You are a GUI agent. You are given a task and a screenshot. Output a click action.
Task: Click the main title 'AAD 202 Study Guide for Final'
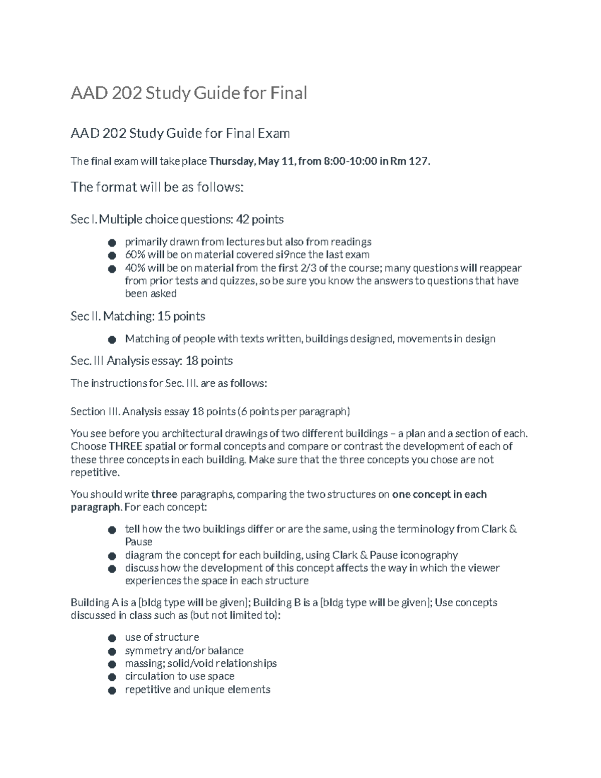point(189,93)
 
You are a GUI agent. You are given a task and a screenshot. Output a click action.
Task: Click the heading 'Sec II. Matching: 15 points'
point(138,317)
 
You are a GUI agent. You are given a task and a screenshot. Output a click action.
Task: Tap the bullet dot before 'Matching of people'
point(112,340)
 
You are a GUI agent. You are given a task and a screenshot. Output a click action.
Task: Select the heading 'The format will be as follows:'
point(157,187)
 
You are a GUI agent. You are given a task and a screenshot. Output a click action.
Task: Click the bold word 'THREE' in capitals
point(126,446)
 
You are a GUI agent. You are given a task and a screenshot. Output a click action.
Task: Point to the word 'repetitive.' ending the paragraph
point(95,472)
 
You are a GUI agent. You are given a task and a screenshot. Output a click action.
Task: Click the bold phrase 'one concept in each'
point(439,494)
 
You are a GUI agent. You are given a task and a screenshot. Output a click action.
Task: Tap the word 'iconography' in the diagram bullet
point(429,555)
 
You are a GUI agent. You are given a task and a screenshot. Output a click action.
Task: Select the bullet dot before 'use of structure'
point(112,638)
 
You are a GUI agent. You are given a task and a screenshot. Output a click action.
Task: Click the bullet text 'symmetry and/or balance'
point(184,651)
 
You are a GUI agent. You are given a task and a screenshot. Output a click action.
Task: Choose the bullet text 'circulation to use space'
point(179,676)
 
